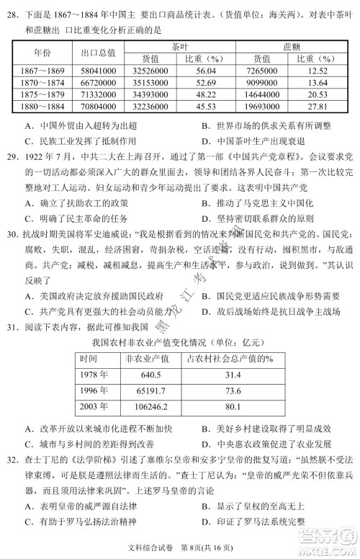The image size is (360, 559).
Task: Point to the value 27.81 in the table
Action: tap(317, 107)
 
